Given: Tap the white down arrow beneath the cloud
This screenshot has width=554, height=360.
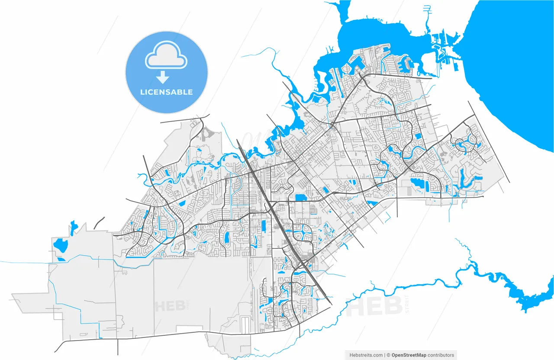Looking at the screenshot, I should click(x=163, y=77).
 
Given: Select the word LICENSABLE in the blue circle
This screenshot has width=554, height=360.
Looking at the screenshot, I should click(x=166, y=92).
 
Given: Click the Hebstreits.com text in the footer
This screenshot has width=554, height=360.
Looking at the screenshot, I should click(x=366, y=355).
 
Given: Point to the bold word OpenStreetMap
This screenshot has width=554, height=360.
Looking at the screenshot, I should click(x=409, y=355).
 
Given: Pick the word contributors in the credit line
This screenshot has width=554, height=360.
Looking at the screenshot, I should click(x=441, y=355).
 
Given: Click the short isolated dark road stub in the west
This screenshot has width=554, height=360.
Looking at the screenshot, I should click(x=99, y=222).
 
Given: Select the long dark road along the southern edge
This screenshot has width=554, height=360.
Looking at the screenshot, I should click(x=173, y=334).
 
